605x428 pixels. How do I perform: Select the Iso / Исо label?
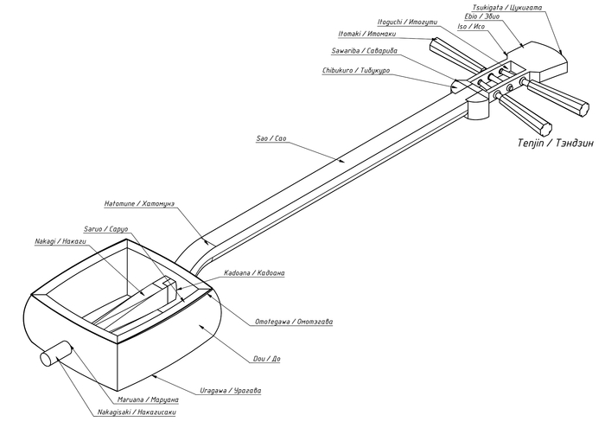[x=470, y=27]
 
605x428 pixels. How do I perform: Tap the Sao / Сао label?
[x=276, y=138]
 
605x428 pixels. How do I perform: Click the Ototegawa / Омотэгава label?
[x=292, y=322]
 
